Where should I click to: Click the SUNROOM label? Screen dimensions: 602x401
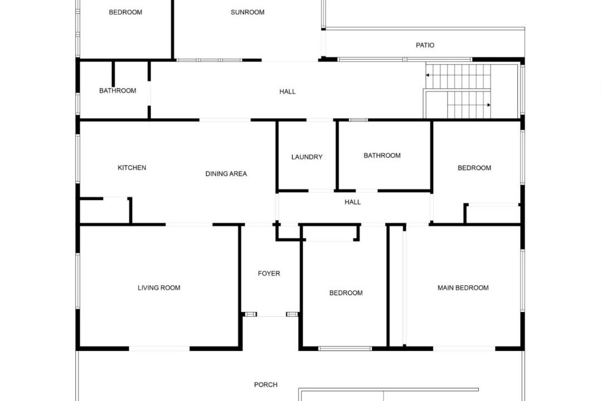247,12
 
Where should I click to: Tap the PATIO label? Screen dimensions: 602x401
425,45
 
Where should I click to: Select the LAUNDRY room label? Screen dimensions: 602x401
307,157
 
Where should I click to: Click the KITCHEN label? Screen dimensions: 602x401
132,168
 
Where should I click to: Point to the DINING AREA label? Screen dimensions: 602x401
226,174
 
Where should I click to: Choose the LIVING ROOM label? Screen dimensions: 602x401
159,288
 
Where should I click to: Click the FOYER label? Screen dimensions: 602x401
269,273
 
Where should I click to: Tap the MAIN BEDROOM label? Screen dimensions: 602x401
463,288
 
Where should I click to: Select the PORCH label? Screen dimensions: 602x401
266,384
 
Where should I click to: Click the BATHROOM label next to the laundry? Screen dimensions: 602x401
382,155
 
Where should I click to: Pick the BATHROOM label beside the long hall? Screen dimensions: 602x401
118,91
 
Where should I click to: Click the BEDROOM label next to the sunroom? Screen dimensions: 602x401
125,12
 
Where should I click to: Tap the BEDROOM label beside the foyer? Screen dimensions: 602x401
346,293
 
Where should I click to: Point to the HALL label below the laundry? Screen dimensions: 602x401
352,202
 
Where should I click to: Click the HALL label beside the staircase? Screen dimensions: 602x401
287,92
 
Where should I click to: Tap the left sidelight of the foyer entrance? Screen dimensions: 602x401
251,314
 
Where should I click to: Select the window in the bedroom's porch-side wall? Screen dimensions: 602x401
345,349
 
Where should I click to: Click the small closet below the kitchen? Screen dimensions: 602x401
104,211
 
